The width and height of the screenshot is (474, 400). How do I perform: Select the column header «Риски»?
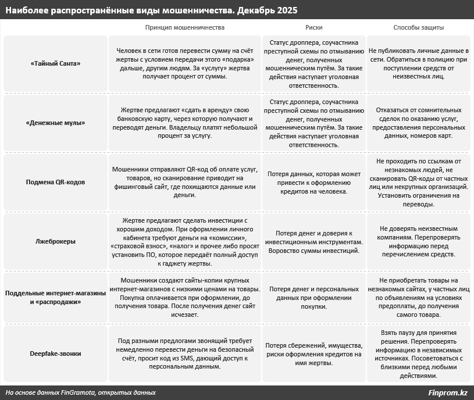tap(313, 27)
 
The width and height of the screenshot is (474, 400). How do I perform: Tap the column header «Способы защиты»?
tap(419, 27)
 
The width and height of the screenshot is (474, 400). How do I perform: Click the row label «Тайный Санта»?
tap(55, 63)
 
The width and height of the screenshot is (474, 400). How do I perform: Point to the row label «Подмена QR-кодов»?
tap(55, 182)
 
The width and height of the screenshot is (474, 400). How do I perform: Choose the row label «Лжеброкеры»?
tap(55, 240)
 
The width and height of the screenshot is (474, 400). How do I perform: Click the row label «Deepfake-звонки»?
tap(55, 353)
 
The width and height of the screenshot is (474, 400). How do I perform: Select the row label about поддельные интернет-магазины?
tap(55, 297)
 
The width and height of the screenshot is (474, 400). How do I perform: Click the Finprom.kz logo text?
tap(447, 392)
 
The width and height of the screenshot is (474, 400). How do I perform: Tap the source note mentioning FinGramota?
tap(80, 392)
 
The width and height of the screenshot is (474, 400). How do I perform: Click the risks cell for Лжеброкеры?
tap(313, 241)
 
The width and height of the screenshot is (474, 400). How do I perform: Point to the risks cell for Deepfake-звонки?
tap(313, 353)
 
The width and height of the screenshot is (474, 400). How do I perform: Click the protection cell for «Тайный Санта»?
tap(419, 63)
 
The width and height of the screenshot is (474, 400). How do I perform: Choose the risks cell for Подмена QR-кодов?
tap(313, 182)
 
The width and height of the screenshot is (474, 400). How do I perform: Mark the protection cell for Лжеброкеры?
tap(419, 241)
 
